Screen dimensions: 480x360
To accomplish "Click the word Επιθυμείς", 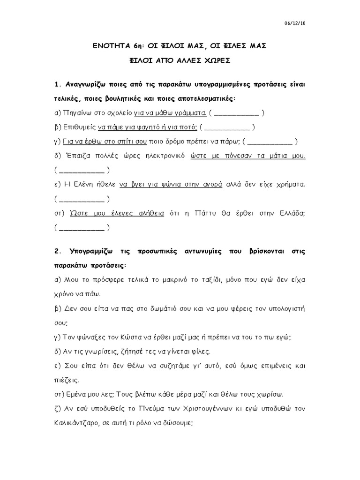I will pyautogui.click(x=79, y=127).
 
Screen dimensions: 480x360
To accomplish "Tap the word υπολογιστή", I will pyautogui.click(x=286, y=309).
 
